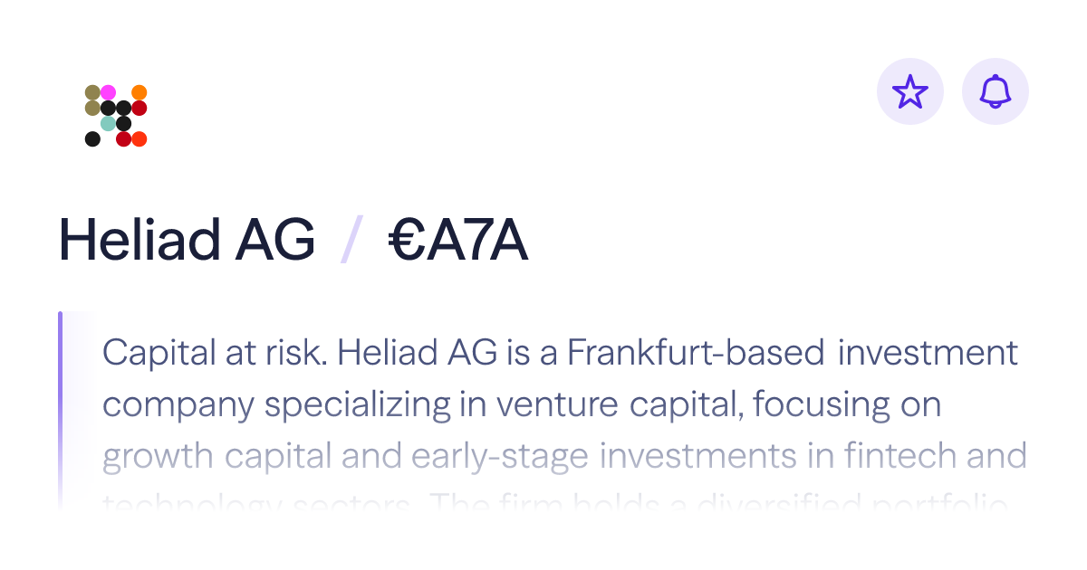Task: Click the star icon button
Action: click(910, 91)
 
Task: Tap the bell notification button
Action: click(996, 91)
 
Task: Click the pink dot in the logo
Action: click(108, 92)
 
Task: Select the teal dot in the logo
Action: click(108, 123)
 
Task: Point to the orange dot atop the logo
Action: click(139, 92)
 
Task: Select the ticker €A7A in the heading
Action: click(458, 242)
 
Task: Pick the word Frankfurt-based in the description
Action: click(696, 353)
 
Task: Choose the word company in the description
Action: click(178, 404)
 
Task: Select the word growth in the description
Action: click(157, 455)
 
